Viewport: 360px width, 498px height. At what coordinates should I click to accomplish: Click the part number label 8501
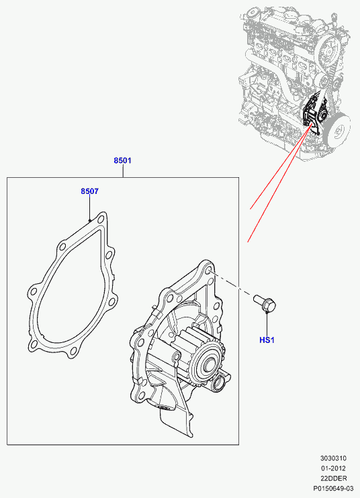pos(122,160)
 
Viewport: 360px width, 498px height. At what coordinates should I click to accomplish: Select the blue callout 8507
pos(89,191)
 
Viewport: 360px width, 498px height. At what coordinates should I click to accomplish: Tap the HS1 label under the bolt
pos(267,340)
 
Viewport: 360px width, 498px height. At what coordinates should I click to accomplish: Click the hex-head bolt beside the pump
pos(265,303)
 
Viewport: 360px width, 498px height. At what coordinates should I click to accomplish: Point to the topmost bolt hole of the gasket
pos(101,219)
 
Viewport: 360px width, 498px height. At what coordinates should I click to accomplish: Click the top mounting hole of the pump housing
pos(208,270)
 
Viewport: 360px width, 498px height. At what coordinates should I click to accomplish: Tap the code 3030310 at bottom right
pos(333,458)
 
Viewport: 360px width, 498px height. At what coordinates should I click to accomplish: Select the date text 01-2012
pos(333,468)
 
